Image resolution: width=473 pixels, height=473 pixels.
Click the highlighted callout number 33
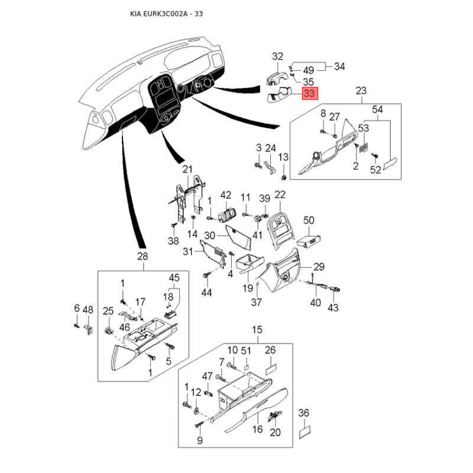coord(310,93)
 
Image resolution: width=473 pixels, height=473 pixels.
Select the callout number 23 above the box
coord(361,90)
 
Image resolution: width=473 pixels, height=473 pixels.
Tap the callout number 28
coord(142,256)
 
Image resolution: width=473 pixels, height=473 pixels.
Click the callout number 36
coord(304,413)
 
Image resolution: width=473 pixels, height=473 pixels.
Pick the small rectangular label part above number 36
coord(304,433)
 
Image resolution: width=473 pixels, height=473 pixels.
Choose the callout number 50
coord(309,220)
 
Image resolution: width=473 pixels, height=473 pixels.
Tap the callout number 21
coord(187,170)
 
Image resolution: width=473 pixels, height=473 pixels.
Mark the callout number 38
coord(173,241)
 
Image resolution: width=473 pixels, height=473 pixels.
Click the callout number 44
coord(206,293)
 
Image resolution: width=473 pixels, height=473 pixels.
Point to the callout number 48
coord(88,309)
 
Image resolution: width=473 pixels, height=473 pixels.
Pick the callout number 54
coord(378,109)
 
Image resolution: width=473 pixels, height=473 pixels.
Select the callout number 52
coord(376,170)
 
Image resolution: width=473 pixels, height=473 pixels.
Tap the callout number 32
coord(278,57)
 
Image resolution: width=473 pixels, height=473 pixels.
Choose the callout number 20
coord(274,432)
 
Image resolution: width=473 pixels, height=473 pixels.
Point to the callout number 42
coord(226,195)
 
